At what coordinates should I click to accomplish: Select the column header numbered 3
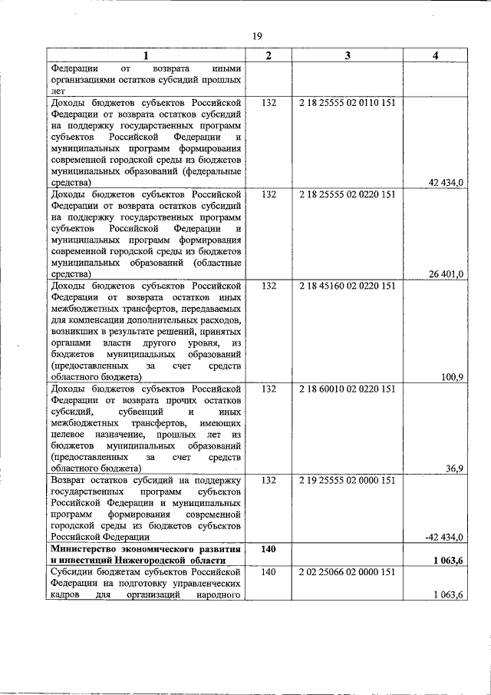348,55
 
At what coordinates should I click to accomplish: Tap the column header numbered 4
435,55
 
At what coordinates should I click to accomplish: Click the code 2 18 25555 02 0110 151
348,102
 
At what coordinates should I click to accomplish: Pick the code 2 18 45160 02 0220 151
348,286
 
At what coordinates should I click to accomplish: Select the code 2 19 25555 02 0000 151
348,480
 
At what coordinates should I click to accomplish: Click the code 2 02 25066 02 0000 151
348,571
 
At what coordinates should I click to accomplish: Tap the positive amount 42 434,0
446,182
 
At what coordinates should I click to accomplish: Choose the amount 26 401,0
446,273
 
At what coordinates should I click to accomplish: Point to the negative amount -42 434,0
444,537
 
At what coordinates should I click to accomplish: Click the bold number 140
267,549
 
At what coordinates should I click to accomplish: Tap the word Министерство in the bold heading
87,549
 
